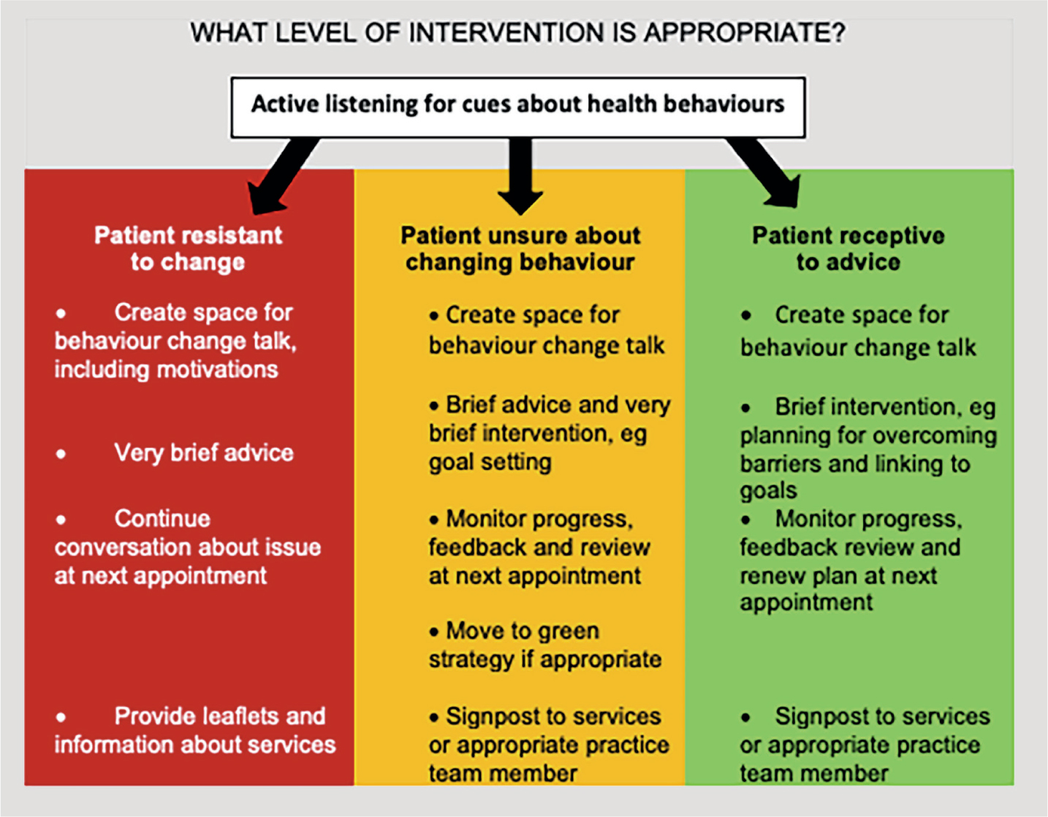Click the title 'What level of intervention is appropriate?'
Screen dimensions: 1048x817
pos(517,33)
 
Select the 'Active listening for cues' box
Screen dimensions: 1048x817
pos(518,107)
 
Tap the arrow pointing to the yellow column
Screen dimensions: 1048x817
pos(520,176)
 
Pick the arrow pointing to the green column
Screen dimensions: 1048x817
pos(764,172)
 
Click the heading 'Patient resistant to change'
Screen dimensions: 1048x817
pos(188,248)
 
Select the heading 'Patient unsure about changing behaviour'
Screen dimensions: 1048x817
pos(520,249)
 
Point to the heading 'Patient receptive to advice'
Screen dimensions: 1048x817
pos(848,248)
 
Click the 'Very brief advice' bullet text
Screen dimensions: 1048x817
pos(203,453)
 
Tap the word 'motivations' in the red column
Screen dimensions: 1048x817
pos(218,370)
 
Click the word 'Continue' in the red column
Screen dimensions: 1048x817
pos(162,519)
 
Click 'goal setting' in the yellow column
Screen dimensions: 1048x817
pos(490,463)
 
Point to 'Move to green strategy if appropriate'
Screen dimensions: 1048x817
pos(545,645)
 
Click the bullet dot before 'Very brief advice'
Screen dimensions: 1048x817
pos(61,454)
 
